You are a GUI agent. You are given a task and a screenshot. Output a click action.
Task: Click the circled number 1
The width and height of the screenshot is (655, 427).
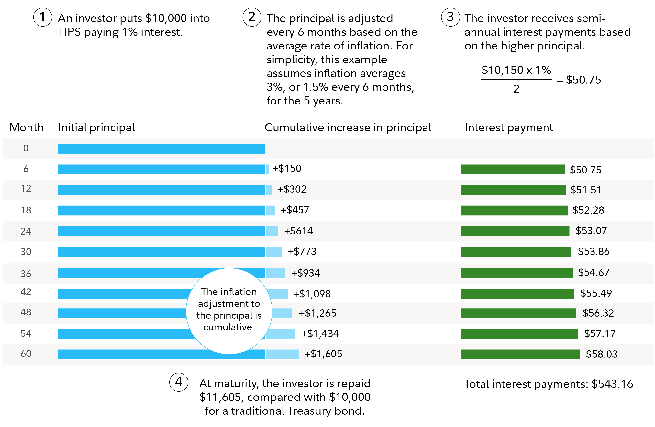[x=43, y=17]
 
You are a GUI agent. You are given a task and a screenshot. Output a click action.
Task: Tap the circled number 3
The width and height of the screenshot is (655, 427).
[x=450, y=17]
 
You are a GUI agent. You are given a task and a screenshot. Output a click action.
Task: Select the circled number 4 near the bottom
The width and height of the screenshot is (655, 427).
[x=179, y=382]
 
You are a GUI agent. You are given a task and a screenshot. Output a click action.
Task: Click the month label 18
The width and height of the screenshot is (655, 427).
[x=26, y=210]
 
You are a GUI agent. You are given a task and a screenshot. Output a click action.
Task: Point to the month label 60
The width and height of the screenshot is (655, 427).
[x=26, y=354]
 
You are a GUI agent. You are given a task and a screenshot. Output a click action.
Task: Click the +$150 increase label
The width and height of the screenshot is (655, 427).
[x=287, y=168]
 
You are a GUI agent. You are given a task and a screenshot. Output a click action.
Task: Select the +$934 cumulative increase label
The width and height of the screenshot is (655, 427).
[x=305, y=273]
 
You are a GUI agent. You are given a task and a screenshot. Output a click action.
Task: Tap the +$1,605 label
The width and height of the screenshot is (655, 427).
[x=323, y=354]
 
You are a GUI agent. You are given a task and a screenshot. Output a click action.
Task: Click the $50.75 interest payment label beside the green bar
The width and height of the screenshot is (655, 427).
[x=585, y=170]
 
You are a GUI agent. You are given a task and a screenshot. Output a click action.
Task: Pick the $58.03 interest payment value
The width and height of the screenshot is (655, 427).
[x=602, y=354]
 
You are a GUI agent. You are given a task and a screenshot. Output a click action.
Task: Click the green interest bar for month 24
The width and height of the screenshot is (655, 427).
[x=515, y=231]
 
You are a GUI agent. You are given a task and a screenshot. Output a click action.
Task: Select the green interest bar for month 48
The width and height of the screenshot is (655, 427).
[x=518, y=313]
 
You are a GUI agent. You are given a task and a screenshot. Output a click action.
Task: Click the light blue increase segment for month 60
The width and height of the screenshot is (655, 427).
[x=282, y=354]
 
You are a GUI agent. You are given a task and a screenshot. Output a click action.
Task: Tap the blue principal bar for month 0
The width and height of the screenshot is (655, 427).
[x=161, y=149]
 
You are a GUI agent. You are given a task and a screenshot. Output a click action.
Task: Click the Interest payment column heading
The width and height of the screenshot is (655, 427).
[x=509, y=128]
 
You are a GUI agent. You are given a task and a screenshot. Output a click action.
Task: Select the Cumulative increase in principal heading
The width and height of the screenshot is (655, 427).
[x=348, y=128]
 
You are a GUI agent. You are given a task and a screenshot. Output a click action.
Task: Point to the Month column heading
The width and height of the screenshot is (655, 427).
[x=26, y=128]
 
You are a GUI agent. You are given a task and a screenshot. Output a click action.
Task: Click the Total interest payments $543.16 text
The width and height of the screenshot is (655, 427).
[x=548, y=384]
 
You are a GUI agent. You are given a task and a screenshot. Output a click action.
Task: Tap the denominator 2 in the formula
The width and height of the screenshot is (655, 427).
[x=516, y=89]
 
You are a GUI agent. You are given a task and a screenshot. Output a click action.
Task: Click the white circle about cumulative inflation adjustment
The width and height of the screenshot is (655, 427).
[x=229, y=311]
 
